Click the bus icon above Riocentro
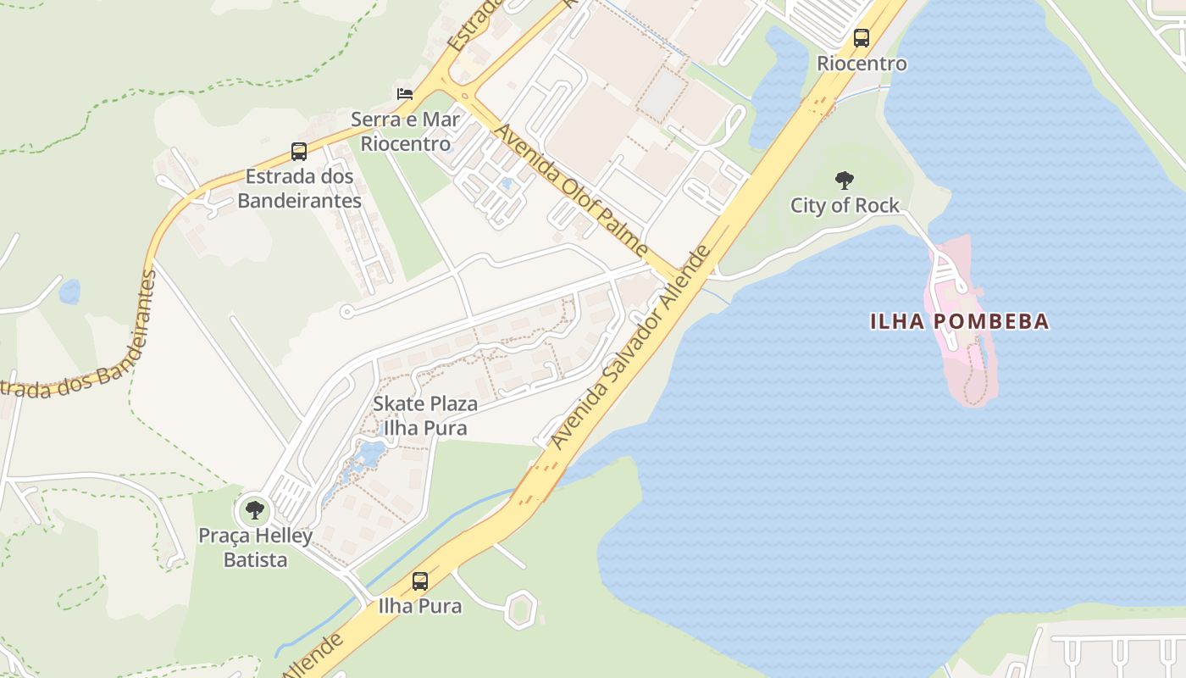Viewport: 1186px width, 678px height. [862, 38]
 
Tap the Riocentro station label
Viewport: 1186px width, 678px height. [862, 64]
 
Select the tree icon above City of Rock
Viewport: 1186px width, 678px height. [844, 180]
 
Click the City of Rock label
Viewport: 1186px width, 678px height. [845, 205]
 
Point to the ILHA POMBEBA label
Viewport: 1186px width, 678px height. [960, 322]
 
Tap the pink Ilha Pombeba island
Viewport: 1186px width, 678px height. [966, 356]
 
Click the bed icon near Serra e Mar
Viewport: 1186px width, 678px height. [405, 93]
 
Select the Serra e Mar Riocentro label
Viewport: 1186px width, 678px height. [405, 131]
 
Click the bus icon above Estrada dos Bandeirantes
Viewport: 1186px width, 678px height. [299, 152]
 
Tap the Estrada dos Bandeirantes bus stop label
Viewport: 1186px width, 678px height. [299, 189]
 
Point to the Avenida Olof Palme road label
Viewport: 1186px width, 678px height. [571, 190]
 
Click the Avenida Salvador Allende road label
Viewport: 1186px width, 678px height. [631, 347]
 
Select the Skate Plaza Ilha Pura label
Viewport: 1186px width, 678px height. [425, 416]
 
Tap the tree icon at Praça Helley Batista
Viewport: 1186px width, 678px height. [254, 510]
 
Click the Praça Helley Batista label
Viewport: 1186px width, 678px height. [255, 547]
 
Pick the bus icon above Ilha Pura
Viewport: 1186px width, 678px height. [420, 581]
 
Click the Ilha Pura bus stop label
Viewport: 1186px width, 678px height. [420, 606]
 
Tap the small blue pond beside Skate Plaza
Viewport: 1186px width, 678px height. [369, 456]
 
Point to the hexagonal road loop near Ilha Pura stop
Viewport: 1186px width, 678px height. [520, 608]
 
